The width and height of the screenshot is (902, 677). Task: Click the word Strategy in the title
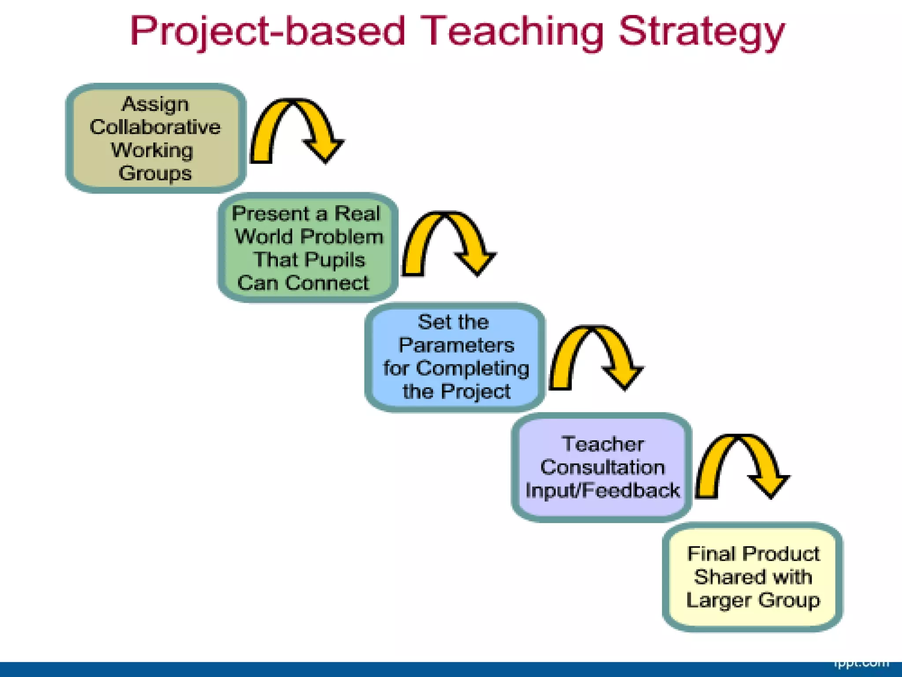[701, 32]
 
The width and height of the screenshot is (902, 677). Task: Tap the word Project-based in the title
[267, 32]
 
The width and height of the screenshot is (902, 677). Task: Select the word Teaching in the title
[511, 32]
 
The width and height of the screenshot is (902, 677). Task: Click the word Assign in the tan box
[155, 104]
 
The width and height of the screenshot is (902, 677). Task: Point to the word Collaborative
[155, 127]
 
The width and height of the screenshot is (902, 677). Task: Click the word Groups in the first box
[155, 173]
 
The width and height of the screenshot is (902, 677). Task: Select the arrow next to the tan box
[296, 128]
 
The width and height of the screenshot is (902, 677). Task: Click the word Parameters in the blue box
[456, 345]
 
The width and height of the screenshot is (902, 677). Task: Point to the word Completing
[472, 368]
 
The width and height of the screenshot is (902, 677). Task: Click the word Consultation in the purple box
[603, 467]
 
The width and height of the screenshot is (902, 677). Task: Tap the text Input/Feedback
[603, 491]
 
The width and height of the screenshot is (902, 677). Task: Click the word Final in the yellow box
[710, 554]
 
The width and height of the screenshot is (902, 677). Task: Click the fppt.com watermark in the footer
[861, 664]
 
